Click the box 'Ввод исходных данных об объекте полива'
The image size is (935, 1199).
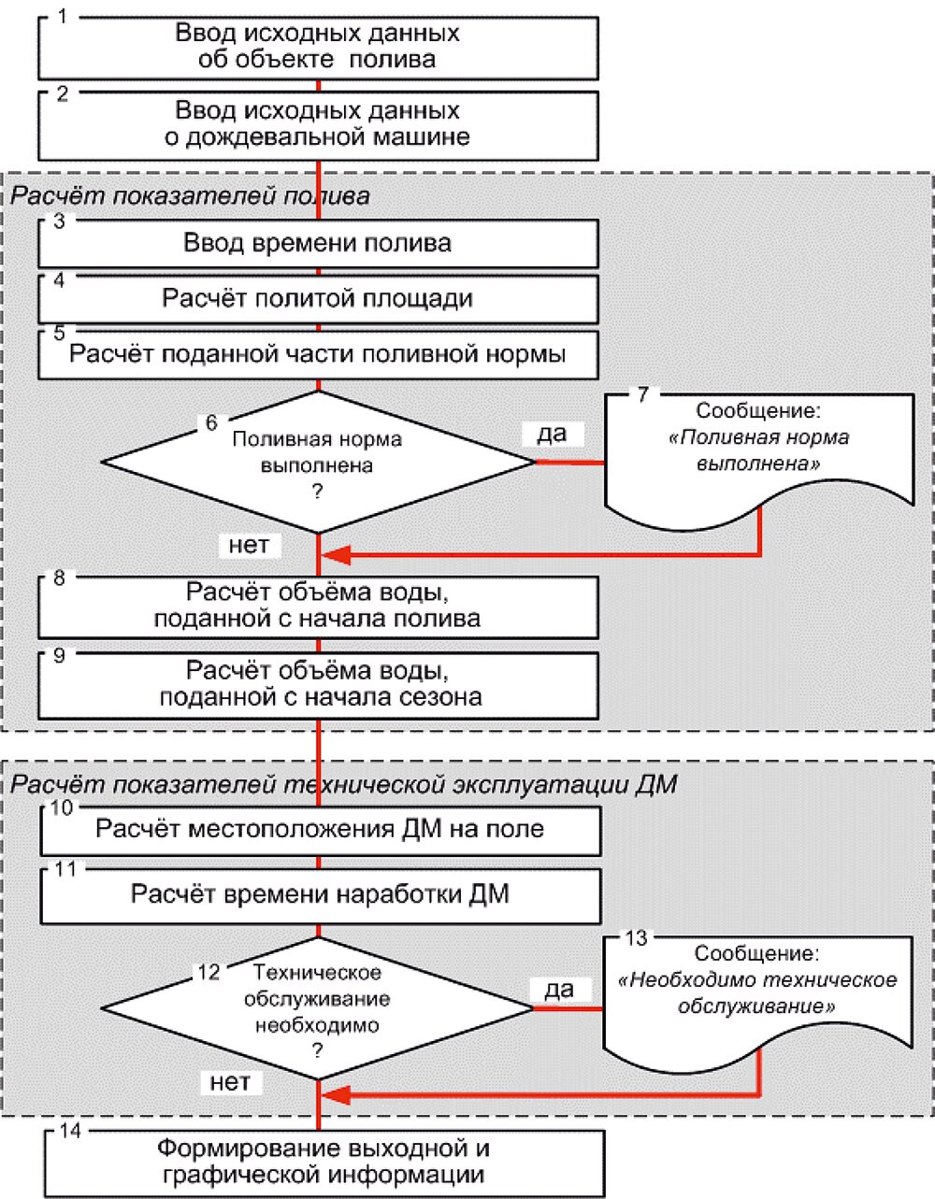click(319, 48)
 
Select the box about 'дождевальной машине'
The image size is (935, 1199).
click(319, 126)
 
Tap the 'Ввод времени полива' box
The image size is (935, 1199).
click(319, 244)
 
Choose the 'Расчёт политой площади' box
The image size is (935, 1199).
click(319, 300)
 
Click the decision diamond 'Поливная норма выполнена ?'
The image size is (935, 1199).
click(319, 463)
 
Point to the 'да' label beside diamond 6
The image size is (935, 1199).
click(553, 435)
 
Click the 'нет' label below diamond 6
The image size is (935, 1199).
click(250, 545)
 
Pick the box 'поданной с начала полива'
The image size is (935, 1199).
click(319, 607)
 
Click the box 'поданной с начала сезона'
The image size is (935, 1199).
click(319, 686)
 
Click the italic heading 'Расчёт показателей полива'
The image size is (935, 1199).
click(190, 197)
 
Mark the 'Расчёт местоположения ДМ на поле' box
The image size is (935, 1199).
click(321, 832)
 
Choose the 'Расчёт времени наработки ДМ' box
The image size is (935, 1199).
click(321, 896)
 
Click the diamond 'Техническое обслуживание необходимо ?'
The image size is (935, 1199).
click(317, 1008)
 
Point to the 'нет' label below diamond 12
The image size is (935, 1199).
click(231, 1082)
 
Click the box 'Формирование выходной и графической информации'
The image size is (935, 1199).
click(324, 1163)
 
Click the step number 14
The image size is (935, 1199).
click(70, 1131)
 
